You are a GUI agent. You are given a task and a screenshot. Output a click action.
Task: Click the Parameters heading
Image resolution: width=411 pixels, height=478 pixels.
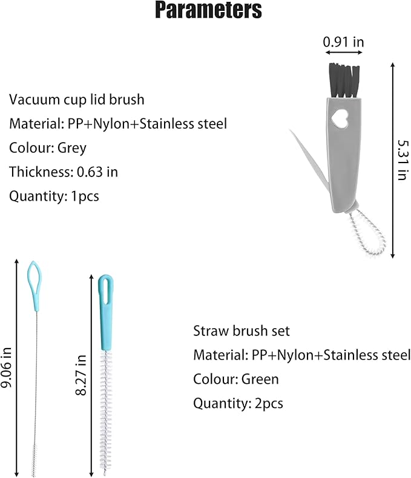point(209,10)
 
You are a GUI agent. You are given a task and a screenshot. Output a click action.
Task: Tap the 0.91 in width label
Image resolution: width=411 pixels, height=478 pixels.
point(344,42)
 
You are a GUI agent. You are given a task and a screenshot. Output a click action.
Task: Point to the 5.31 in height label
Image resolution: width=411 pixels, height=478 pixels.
point(403,160)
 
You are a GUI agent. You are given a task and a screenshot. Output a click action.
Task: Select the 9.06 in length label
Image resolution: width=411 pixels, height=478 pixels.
point(6,367)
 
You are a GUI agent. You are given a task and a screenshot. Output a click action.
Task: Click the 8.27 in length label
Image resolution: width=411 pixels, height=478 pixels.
point(81,375)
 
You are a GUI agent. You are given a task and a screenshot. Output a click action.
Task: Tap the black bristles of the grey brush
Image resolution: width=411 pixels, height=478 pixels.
point(344,80)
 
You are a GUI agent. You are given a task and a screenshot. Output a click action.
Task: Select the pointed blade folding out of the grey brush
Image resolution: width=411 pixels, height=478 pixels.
point(310,161)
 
